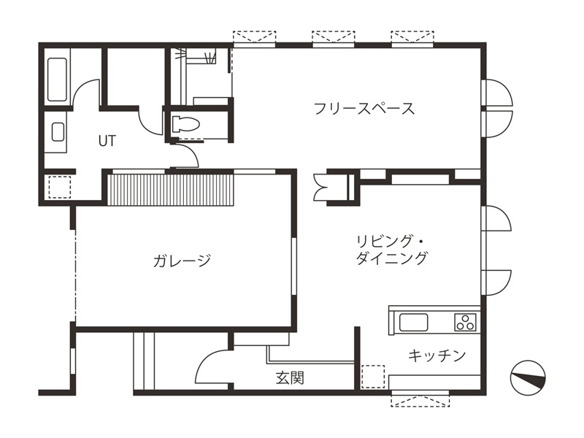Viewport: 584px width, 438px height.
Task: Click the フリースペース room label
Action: click(x=364, y=108)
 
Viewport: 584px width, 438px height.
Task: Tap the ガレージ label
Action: click(x=182, y=260)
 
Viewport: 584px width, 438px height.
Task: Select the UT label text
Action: click(x=107, y=141)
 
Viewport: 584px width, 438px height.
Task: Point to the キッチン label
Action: click(x=437, y=356)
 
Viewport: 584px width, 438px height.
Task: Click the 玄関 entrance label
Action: click(x=290, y=377)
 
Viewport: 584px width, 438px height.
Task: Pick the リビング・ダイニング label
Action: click(x=391, y=250)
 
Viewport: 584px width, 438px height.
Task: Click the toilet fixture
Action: click(x=185, y=124)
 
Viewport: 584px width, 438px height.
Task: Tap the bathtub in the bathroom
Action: click(x=58, y=80)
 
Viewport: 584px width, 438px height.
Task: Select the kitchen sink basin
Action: click(x=413, y=322)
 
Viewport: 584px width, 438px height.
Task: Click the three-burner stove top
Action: click(x=465, y=322)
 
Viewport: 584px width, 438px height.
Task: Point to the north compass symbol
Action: click(x=528, y=378)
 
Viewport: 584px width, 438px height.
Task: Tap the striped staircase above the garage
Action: click(x=170, y=189)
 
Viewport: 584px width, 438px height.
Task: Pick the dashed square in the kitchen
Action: click(x=373, y=377)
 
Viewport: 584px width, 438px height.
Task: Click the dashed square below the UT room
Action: click(x=60, y=187)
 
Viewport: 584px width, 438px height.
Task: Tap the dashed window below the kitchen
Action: click(x=420, y=399)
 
